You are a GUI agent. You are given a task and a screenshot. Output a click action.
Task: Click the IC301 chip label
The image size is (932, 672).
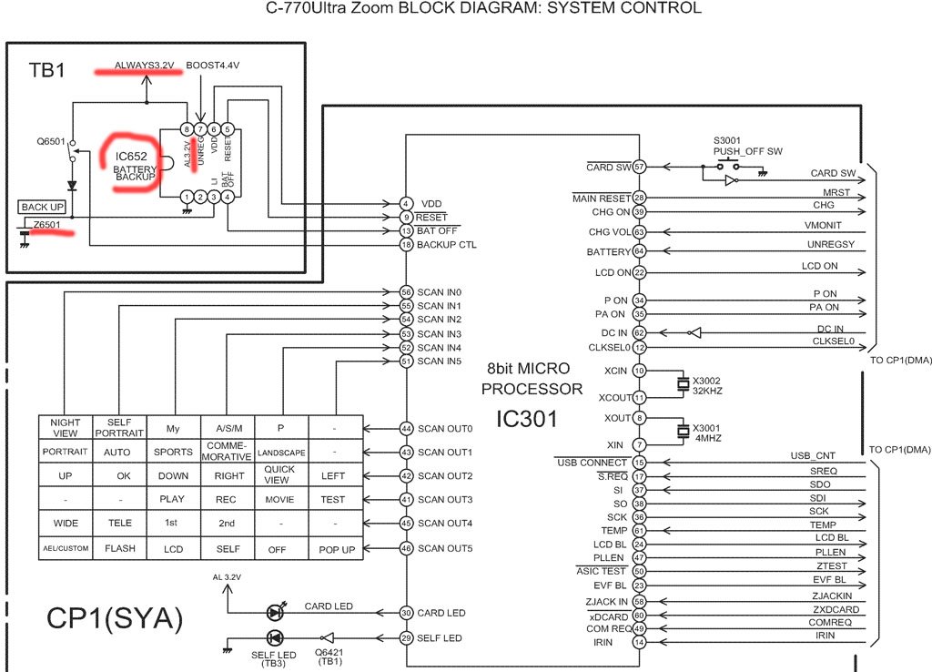click(x=527, y=419)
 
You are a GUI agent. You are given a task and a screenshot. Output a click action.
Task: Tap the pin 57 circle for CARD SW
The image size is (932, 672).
click(x=639, y=168)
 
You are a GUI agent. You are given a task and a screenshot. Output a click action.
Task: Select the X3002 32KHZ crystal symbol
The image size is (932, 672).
click(x=684, y=383)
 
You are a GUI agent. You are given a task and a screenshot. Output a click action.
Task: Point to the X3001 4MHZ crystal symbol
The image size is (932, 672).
click(x=684, y=431)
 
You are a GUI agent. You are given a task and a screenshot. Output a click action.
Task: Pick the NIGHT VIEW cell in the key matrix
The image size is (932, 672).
click(x=65, y=428)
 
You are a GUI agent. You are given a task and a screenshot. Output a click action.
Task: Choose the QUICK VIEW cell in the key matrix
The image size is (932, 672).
click(x=279, y=474)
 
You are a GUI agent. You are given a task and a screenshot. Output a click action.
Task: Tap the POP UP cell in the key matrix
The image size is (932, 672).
click(x=337, y=549)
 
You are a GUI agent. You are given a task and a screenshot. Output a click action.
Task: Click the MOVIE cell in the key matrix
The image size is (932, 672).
click(x=279, y=500)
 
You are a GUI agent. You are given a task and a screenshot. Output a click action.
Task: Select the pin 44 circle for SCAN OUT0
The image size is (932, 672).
click(x=406, y=428)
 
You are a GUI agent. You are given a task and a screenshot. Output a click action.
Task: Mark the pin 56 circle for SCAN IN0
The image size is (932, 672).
click(x=406, y=292)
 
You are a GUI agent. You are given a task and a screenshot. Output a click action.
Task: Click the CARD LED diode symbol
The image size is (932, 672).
click(x=275, y=612)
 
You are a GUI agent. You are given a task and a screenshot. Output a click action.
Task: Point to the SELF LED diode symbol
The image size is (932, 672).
click(x=275, y=638)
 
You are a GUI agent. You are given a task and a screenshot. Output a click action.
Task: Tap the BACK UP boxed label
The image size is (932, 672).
click(x=42, y=207)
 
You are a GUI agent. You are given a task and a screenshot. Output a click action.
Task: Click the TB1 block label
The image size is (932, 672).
click(x=47, y=70)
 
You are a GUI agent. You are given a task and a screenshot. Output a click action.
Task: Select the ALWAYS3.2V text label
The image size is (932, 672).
click(x=145, y=66)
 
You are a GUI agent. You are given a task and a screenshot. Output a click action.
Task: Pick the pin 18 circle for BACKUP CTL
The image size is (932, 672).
click(x=406, y=244)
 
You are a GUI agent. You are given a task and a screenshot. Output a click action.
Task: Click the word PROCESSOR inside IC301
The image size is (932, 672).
click(x=532, y=389)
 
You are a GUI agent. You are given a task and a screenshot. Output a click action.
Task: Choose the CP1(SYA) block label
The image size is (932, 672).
click(x=115, y=618)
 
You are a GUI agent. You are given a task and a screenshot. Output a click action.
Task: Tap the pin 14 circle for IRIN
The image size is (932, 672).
click(x=639, y=642)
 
